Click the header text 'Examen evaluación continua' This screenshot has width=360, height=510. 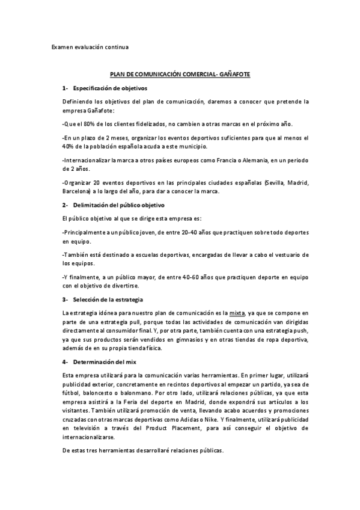coord(90,46)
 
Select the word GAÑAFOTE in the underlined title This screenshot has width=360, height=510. coord(236,75)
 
